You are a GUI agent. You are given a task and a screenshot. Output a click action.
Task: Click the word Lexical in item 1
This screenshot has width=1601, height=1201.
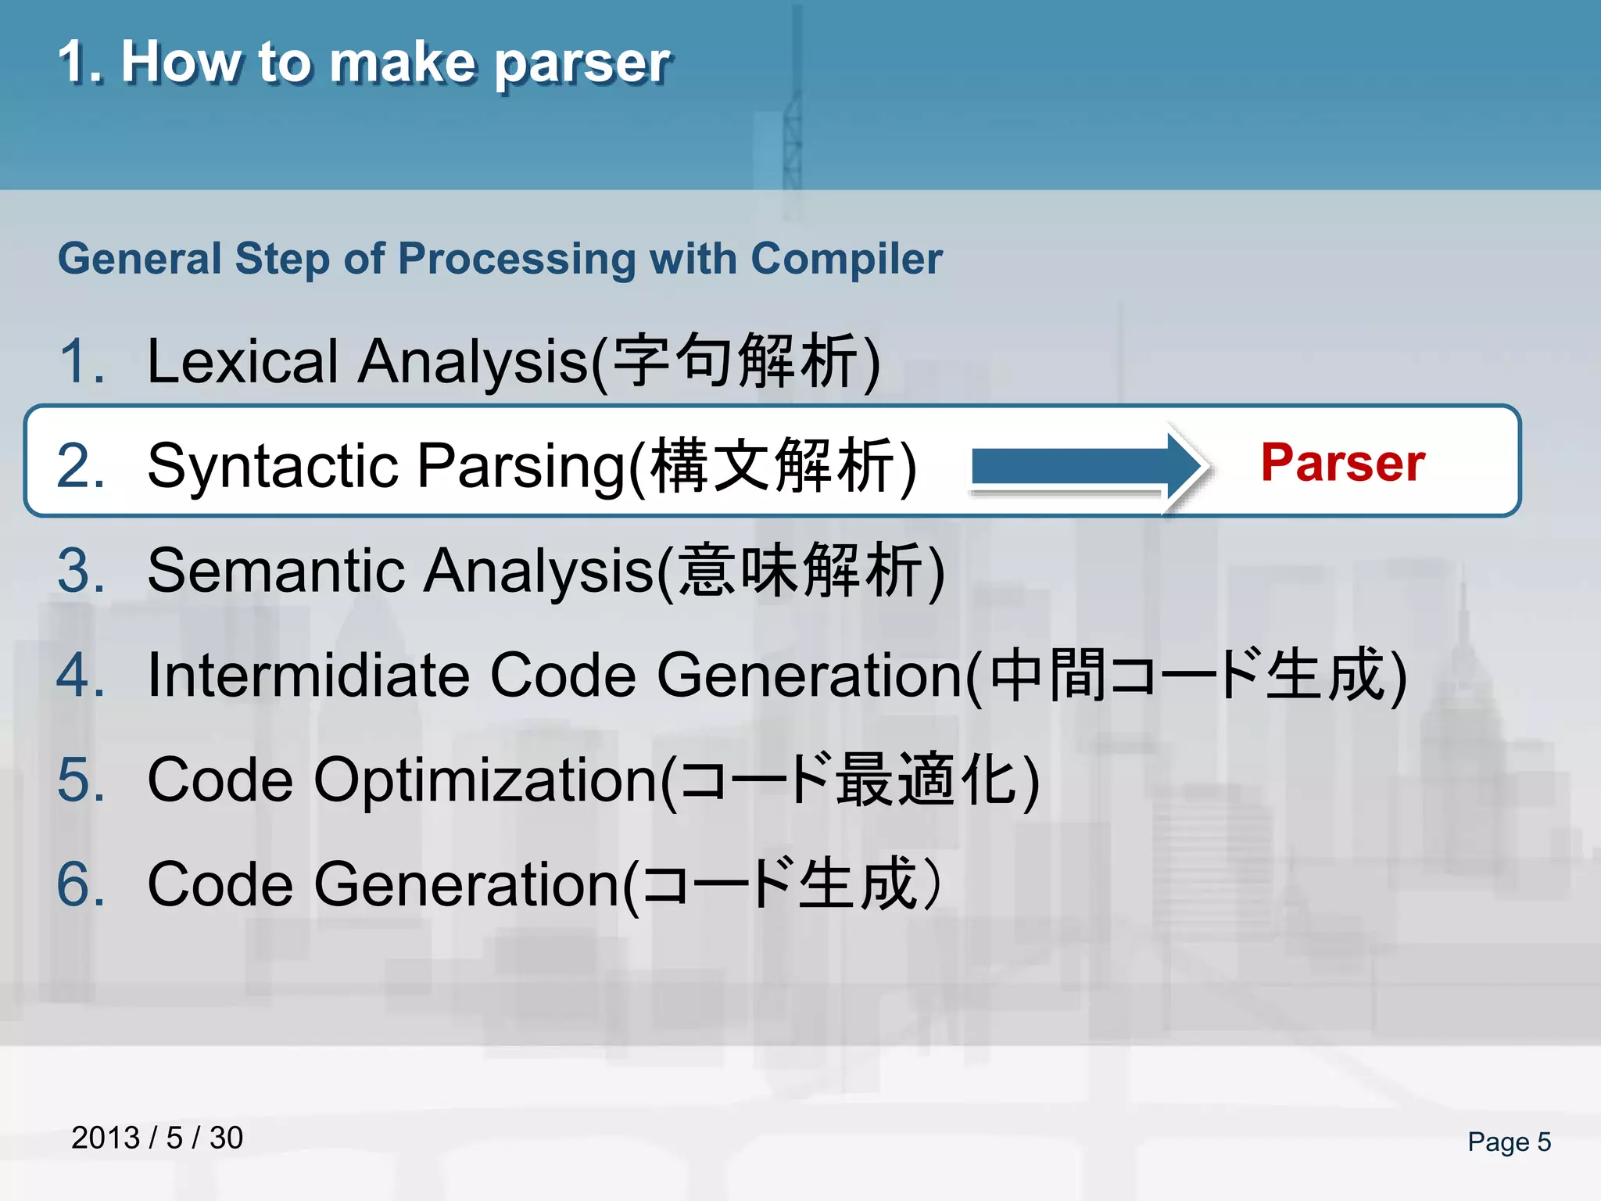(242, 361)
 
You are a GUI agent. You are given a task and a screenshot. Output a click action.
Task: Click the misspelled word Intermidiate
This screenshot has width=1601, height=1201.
(309, 675)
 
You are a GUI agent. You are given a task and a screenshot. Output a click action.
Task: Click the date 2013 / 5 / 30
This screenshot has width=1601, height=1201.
(157, 1138)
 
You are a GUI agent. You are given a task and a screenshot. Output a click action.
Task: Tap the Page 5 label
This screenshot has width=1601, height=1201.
(1508, 1142)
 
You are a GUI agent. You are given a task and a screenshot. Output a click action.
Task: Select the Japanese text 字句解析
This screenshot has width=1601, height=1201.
(735, 361)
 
